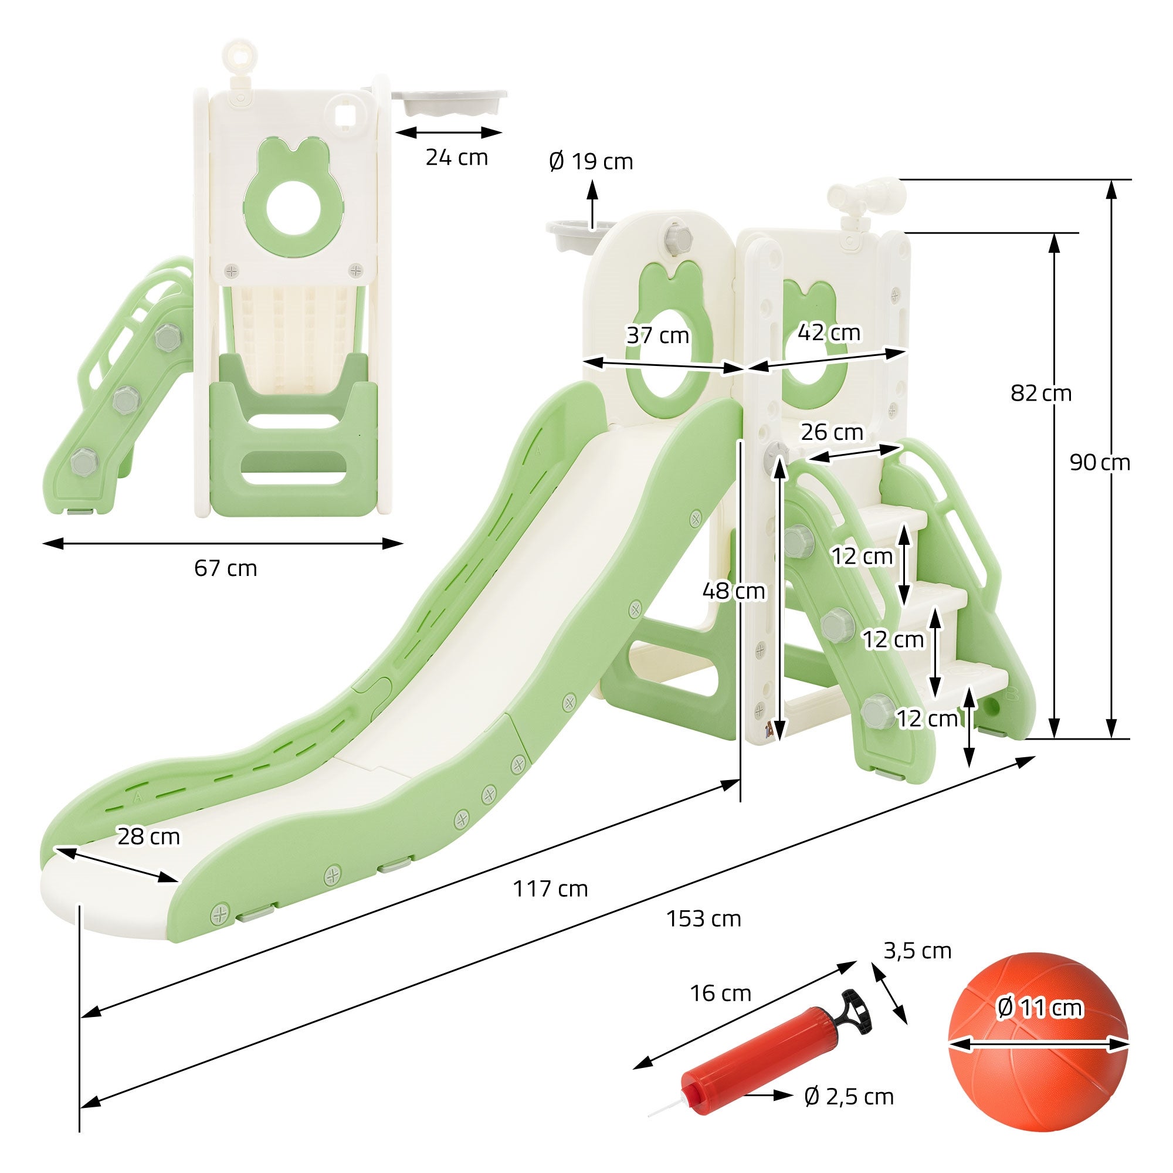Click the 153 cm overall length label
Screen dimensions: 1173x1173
704,919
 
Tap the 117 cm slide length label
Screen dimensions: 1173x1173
550,889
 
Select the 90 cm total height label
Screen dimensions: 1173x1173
1100,463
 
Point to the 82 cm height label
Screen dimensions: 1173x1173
1040,394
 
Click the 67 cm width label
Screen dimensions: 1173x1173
225,568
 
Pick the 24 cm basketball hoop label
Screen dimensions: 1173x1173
456,157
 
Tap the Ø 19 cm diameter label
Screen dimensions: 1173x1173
591,161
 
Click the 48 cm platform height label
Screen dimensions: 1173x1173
734,591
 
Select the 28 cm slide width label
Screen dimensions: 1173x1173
149,837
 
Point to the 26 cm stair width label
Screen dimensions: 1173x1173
832,432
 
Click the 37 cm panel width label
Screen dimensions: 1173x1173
657,335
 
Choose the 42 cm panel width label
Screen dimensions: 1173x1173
829,333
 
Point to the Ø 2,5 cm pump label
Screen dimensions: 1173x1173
849,1097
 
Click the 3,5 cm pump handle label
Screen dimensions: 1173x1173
917,951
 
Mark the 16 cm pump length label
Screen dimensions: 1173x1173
720,994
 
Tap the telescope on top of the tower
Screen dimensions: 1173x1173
868,195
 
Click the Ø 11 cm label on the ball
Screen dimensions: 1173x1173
1039,1008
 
